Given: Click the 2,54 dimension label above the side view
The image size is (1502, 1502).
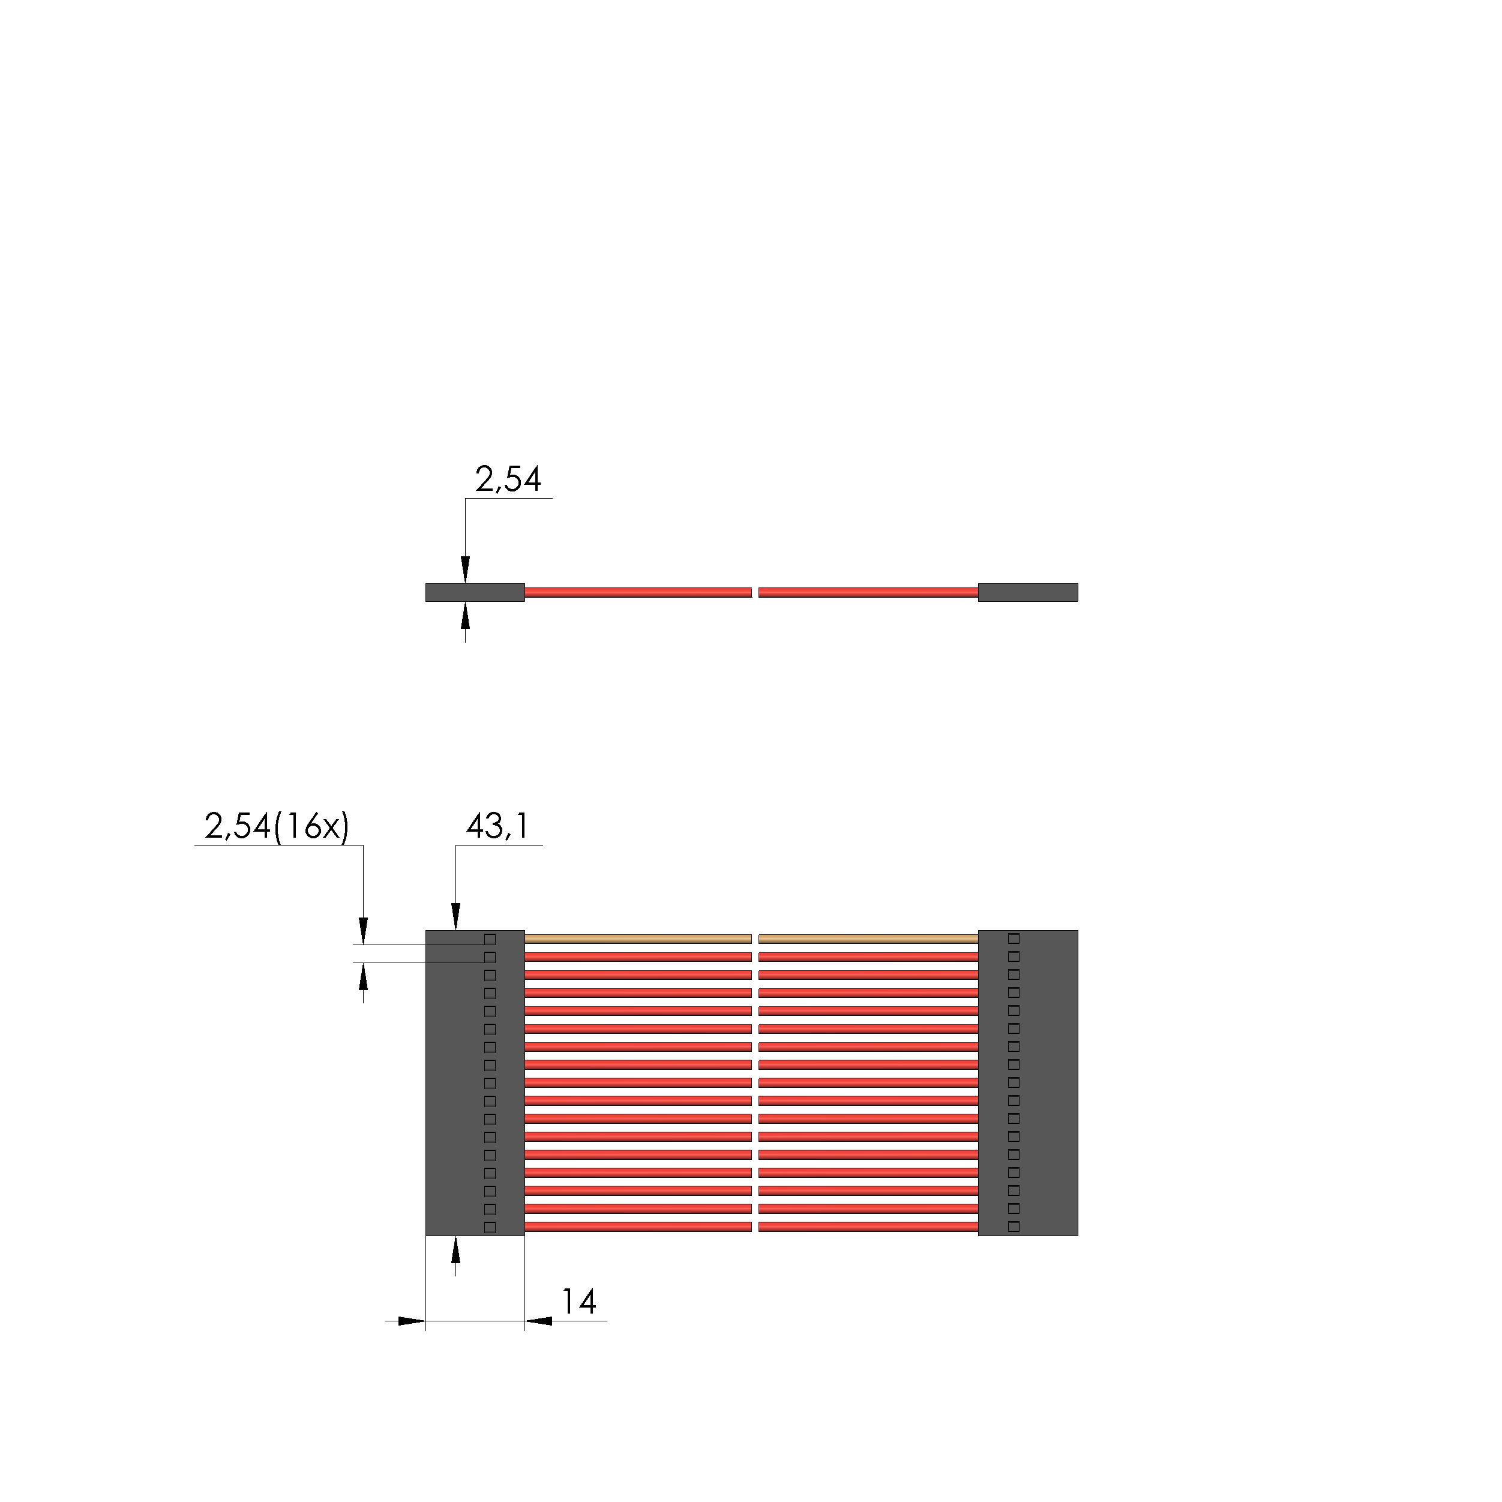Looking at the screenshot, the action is [508, 481].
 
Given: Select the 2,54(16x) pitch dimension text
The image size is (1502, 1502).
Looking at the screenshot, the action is [277, 826].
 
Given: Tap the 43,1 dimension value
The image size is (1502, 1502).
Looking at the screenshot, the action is [497, 826].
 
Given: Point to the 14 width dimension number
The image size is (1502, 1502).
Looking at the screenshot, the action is [578, 1302].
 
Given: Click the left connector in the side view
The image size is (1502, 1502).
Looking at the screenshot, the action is [475, 592].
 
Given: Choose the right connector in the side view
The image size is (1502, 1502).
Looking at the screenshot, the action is [1028, 592].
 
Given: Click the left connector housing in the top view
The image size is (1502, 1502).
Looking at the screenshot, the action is [475, 1083].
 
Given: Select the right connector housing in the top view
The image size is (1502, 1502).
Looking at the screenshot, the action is [1028, 1083].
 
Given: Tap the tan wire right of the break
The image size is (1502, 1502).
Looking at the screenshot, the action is [868, 939].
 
